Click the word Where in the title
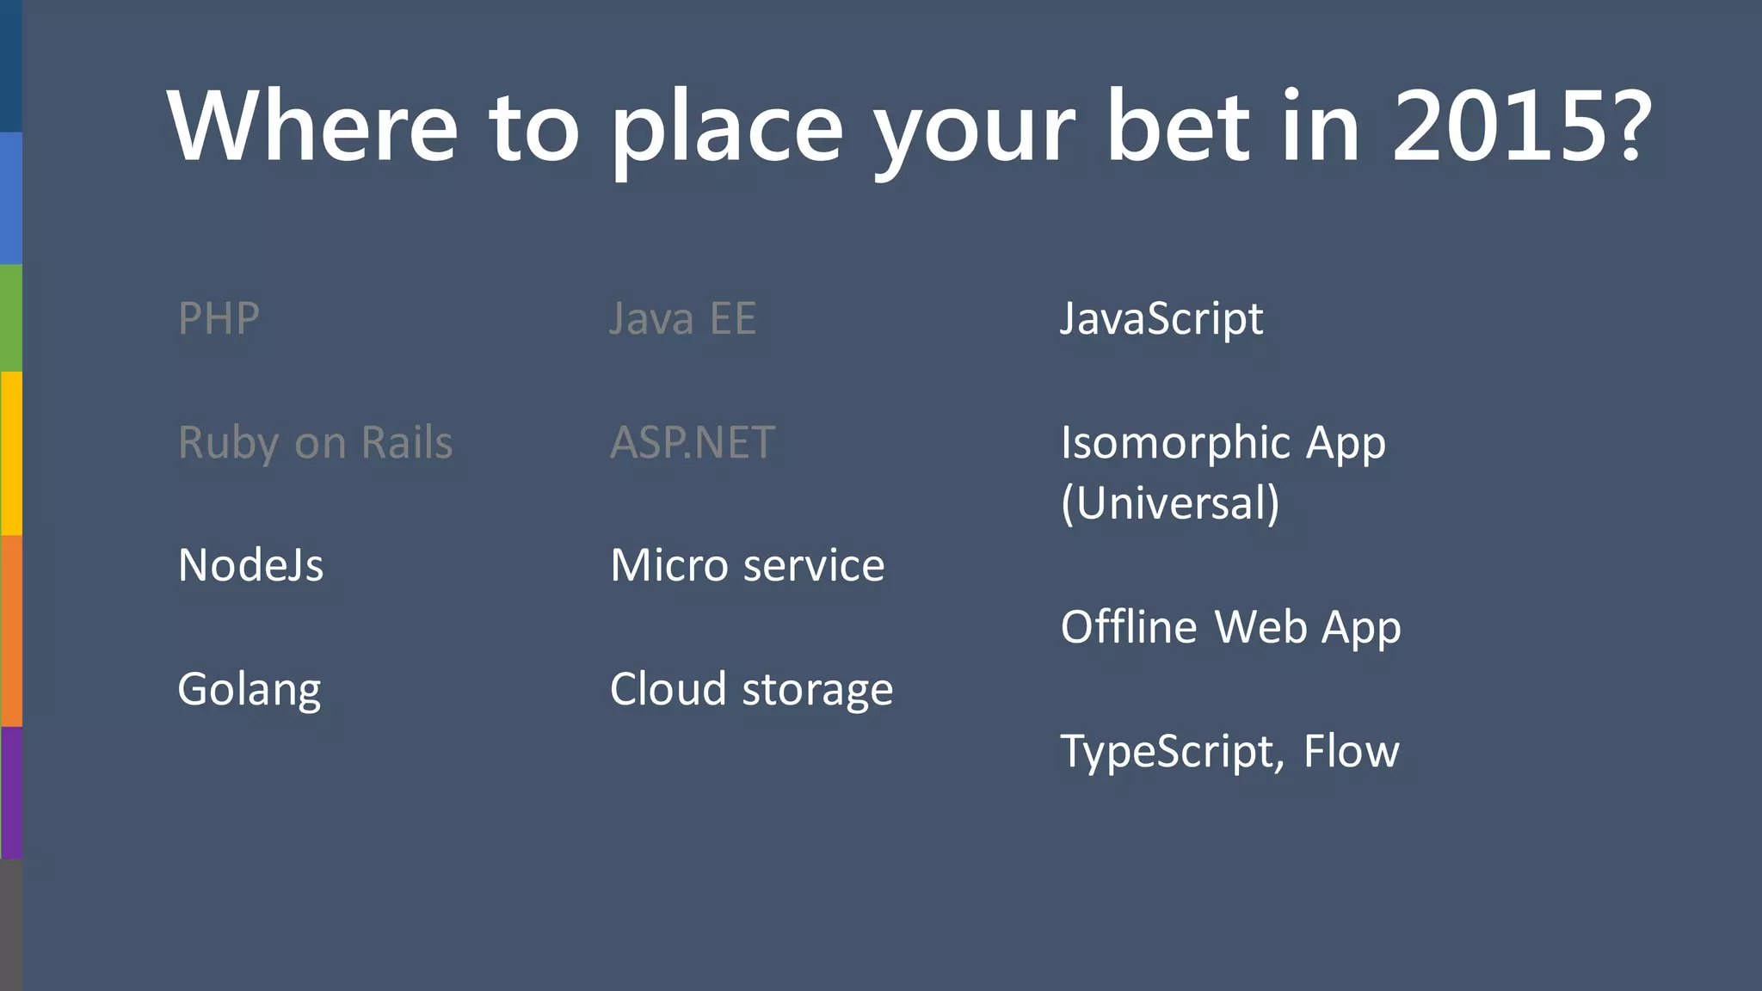tap(313, 126)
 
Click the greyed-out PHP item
tap(219, 318)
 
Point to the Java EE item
tap(683, 318)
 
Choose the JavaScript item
tap(1161, 318)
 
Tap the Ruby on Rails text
tap(315, 443)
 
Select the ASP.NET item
tap(693, 443)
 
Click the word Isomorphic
tap(1175, 443)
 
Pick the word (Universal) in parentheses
tap(1170, 503)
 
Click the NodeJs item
tap(250, 566)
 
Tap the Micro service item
tap(747, 566)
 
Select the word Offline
tap(1129, 627)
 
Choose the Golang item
tap(250, 690)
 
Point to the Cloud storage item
tap(751, 690)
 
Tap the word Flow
tap(1351, 751)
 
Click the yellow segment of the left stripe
tap(10, 453)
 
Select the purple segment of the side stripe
tap(10, 792)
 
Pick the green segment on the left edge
tap(10, 317)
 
